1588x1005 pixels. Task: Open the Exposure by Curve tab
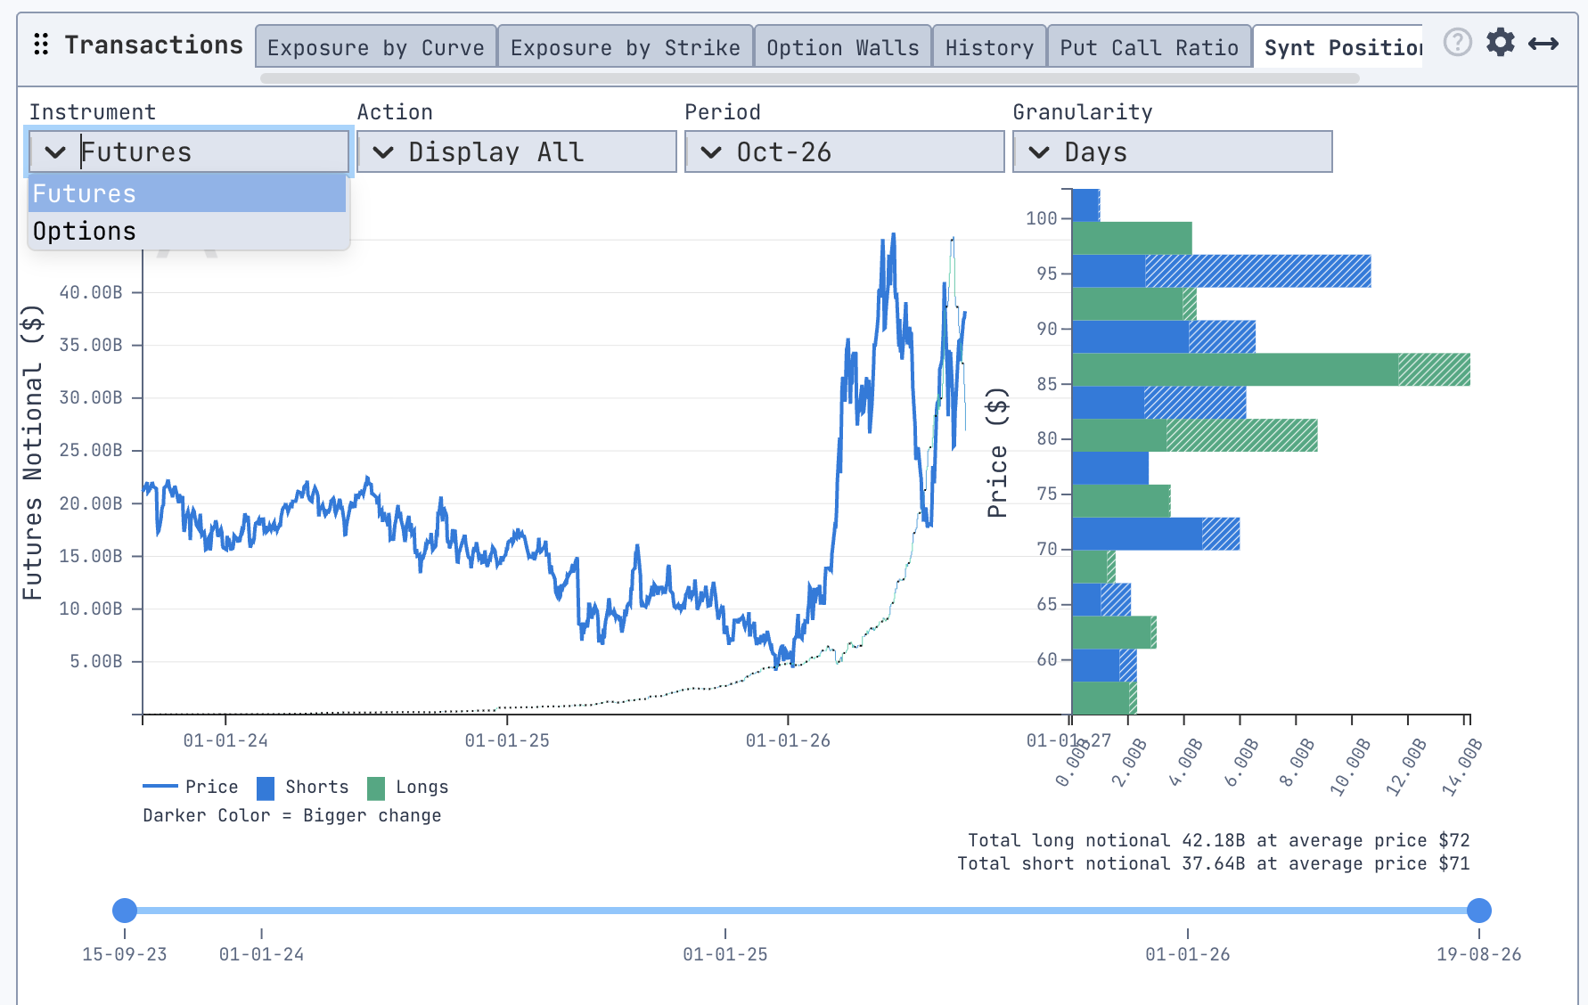pos(376,47)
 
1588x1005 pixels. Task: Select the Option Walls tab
pos(843,47)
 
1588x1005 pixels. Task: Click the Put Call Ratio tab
pos(1150,47)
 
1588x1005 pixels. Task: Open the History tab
pos(989,47)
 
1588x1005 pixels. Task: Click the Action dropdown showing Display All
pos(517,151)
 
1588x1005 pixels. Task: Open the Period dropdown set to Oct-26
pos(845,151)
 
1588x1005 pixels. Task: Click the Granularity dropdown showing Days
pos(1173,151)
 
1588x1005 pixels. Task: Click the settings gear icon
pos(1501,42)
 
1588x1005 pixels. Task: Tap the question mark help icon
pos(1458,42)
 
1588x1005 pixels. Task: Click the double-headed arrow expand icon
pos(1543,44)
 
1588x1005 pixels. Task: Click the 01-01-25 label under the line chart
pos(507,740)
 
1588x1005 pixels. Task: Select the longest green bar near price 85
pos(1271,370)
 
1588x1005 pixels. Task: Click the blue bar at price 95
pos(1221,271)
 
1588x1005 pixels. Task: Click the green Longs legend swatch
pos(376,788)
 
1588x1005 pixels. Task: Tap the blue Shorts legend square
pos(266,788)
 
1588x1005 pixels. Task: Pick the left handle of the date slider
pos(125,911)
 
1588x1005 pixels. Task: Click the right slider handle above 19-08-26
pos(1479,911)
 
